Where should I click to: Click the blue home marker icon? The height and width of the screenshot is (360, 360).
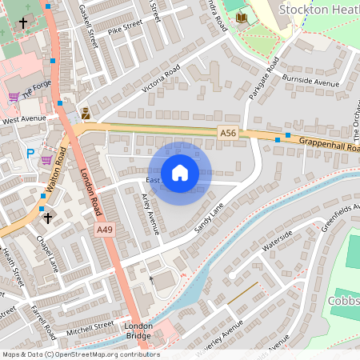pos(180,172)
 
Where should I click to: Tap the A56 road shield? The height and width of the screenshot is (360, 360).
pos(228,133)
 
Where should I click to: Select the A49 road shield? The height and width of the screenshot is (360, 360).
pos(104,230)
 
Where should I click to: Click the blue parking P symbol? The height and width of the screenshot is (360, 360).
pos(30,153)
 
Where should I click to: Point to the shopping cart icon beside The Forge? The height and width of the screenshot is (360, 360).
pos(14,97)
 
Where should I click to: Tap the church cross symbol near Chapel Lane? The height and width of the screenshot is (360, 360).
pos(47,217)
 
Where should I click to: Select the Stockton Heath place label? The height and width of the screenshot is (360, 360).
pos(319,9)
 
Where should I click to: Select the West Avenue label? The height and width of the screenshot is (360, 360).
pos(25,120)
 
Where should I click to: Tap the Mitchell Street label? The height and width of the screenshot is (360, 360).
pos(90,327)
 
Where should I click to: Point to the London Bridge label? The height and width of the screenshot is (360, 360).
pos(138,330)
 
